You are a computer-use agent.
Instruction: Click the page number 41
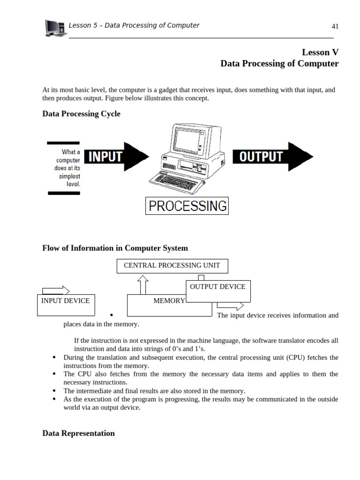[335, 26]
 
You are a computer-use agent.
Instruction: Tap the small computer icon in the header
[55, 28]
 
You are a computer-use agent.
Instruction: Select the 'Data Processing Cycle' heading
[81, 114]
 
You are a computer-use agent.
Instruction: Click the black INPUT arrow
[115, 157]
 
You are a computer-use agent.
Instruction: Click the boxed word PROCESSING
[187, 206]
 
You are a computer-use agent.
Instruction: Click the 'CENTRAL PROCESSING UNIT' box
[172, 265]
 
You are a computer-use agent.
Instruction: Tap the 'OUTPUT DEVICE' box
[217, 287]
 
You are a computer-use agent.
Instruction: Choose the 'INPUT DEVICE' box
[65, 301]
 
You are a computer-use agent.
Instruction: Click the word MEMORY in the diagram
[169, 301]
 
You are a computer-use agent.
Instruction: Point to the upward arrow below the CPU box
[143, 285]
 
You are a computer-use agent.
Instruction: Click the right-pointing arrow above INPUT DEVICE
[56, 291]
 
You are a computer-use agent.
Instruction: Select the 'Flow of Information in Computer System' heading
[115, 248]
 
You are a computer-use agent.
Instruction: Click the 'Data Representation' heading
[78, 433]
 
